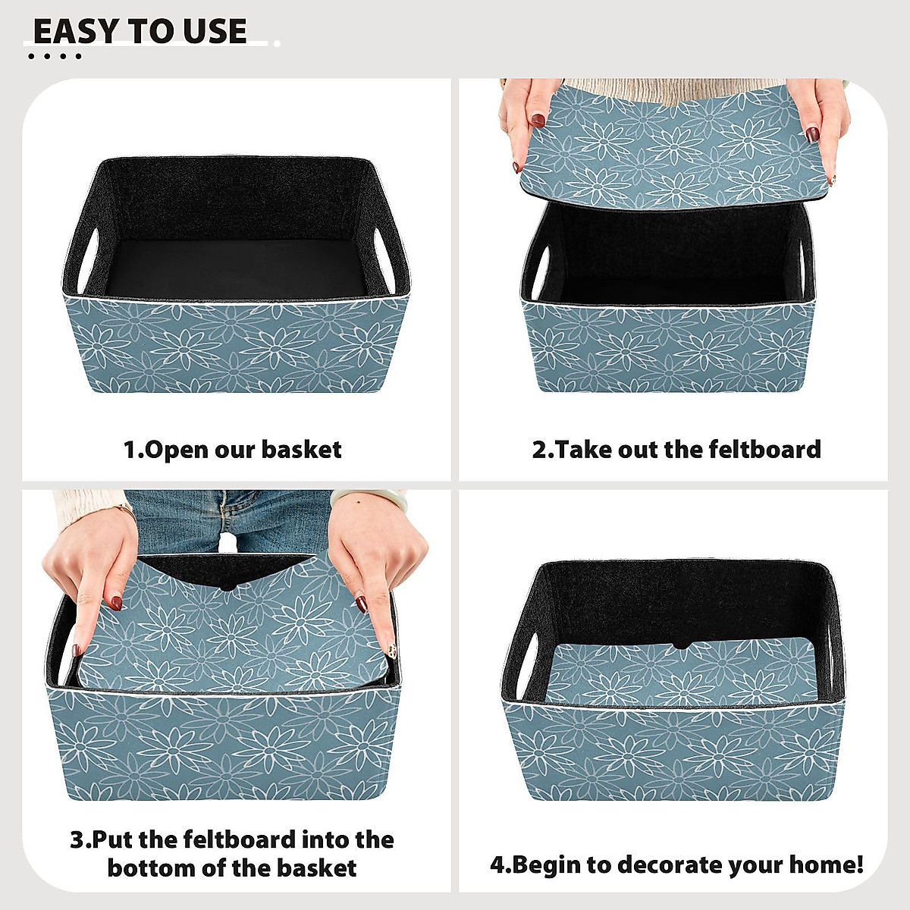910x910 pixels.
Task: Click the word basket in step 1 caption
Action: coord(302,450)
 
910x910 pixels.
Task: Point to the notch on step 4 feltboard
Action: coord(679,646)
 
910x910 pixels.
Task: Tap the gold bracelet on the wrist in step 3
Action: coord(125,510)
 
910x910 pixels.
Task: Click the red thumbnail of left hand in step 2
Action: coord(538,120)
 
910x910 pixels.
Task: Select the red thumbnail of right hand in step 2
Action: coord(812,135)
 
